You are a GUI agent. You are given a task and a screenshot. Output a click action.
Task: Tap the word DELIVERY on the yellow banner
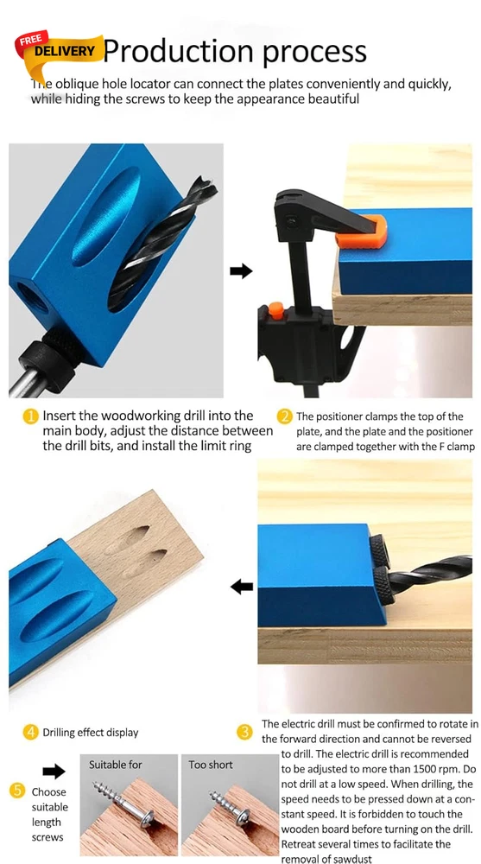(x=65, y=52)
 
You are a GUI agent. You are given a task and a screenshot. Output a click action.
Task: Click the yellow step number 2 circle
(x=285, y=417)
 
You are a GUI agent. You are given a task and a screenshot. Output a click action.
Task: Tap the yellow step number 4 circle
(x=31, y=733)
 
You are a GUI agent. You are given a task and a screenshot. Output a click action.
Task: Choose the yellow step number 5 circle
(x=17, y=791)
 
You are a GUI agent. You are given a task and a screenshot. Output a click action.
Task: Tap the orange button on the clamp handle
(x=276, y=310)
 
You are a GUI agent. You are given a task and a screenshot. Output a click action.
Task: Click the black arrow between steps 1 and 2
(x=241, y=271)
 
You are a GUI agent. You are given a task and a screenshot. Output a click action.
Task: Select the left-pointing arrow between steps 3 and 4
(x=241, y=588)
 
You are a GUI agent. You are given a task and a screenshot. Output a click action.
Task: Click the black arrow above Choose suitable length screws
(x=54, y=772)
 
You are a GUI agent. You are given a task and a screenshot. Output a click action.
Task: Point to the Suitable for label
(x=116, y=765)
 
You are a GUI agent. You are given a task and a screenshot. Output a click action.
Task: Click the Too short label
(x=211, y=765)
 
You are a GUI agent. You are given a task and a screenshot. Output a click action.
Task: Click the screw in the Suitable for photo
(x=124, y=804)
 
